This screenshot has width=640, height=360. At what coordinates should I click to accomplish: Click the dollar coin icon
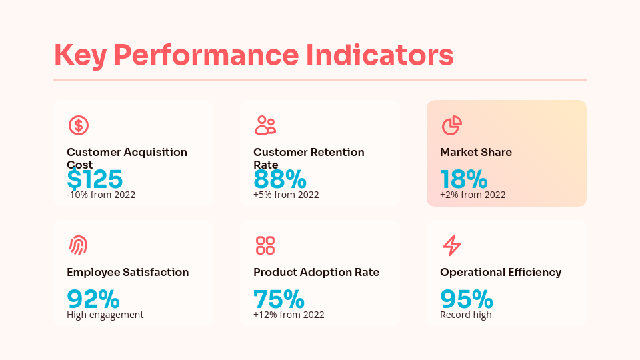(x=79, y=125)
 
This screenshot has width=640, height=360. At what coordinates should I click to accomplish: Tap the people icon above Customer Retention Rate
(x=265, y=125)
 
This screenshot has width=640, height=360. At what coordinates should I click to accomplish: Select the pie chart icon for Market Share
(x=452, y=125)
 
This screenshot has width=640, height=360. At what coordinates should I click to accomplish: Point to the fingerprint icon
(x=79, y=245)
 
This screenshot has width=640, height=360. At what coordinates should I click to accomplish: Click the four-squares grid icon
(x=265, y=245)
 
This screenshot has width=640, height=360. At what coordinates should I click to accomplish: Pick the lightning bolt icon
(x=452, y=245)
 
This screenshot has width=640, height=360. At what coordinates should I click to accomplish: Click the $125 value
(x=95, y=180)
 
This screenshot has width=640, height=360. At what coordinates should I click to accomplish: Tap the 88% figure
(x=280, y=180)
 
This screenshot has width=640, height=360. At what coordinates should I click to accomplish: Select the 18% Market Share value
(x=464, y=180)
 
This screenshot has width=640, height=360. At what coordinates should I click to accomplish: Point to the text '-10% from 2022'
(x=101, y=195)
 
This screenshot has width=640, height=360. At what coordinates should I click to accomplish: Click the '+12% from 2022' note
(x=289, y=315)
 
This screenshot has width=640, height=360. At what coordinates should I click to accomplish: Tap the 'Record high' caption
(x=466, y=315)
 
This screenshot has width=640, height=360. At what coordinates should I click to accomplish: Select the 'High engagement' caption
(x=105, y=315)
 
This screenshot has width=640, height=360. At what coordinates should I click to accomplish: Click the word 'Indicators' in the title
(x=380, y=55)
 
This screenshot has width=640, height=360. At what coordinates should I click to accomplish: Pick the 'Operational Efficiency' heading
(x=501, y=272)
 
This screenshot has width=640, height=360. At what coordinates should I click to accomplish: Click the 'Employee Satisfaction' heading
(x=127, y=272)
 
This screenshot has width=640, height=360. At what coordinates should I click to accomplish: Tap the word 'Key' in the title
(x=79, y=55)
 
